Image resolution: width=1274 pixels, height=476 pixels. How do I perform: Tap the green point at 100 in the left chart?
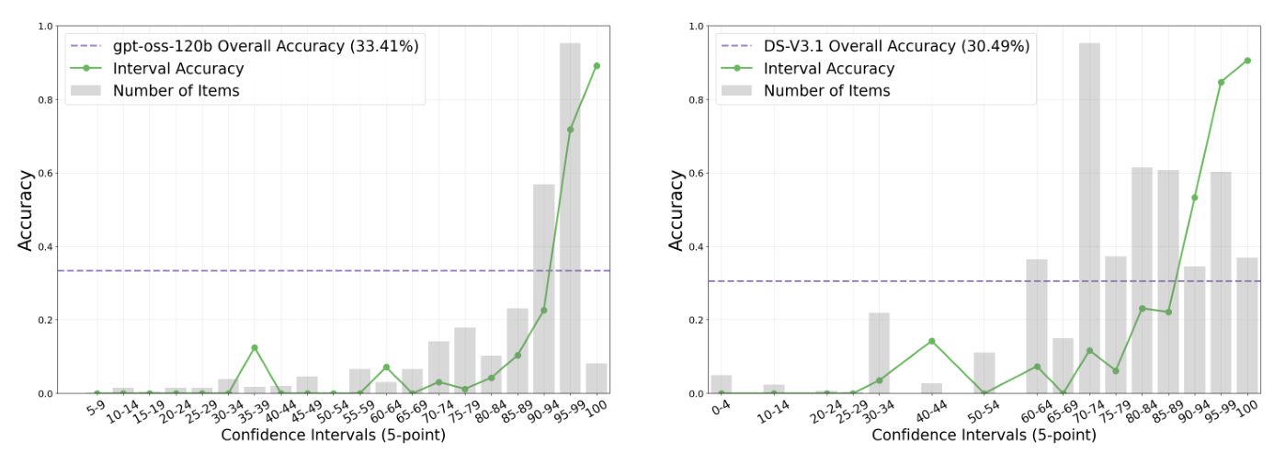(x=597, y=66)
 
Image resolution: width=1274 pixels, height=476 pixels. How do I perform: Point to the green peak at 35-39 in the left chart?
(x=255, y=347)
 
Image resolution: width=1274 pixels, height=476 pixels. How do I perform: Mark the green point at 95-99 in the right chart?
(x=1222, y=83)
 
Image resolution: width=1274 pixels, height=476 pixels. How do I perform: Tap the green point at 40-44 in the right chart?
(x=932, y=341)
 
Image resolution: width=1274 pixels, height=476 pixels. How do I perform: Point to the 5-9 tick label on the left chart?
(x=94, y=411)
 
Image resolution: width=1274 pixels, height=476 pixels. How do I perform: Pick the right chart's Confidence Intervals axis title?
(x=984, y=435)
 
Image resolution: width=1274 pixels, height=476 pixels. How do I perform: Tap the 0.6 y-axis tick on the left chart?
(x=46, y=173)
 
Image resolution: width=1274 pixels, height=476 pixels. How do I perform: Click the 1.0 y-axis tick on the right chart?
(x=696, y=26)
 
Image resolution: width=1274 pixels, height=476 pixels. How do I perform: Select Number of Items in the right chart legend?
(x=826, y=90)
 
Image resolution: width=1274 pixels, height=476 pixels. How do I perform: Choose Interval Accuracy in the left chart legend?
(x=177, y=68)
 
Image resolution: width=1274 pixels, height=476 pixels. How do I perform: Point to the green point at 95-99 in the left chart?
(x=570, y=130)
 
